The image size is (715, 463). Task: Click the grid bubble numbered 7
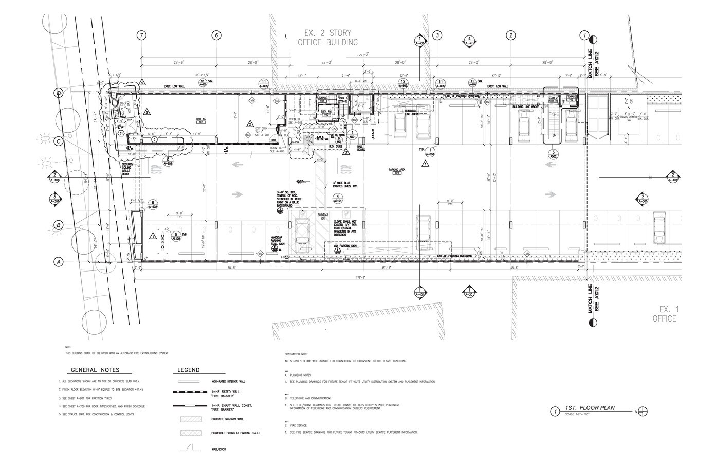(x=142, y=35)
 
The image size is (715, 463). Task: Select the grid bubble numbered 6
(x=216, y=35)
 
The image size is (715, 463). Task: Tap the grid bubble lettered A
(x=59, y=262)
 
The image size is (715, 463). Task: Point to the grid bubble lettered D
(x=59, y=93)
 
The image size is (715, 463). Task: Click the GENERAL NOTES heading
(x=95, y=370)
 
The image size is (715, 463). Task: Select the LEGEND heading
(x=189, y=370)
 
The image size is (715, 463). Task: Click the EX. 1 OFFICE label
(x=669, y=314)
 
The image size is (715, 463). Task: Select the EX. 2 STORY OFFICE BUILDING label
(x=327, y=38)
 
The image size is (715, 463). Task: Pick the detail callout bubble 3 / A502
(x=553, y=155)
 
